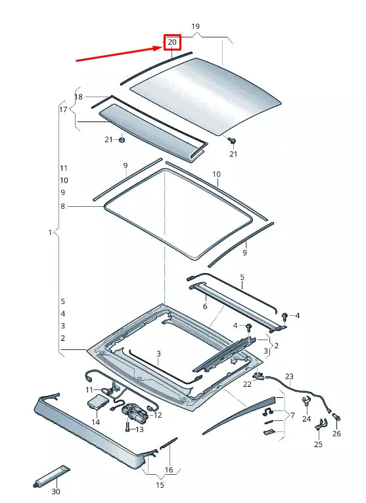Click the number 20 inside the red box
[x=172, y=43]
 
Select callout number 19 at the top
[x=195, y=26]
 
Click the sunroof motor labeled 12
[x=135, y=412]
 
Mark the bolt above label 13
[x=126, y=424]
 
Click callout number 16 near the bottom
[x=169, y=470]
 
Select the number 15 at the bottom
[x=160, y=485]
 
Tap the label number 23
[x=289, y=376]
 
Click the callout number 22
[x=247, y=384]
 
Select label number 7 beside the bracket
[x=292, y=415]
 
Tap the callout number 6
[x=204, y=306]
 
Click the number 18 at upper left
[x=79, y=97]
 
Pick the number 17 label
[x=63, y=109]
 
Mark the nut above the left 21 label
[x=122, y=139]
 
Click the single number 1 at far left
[x=50, y=232]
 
